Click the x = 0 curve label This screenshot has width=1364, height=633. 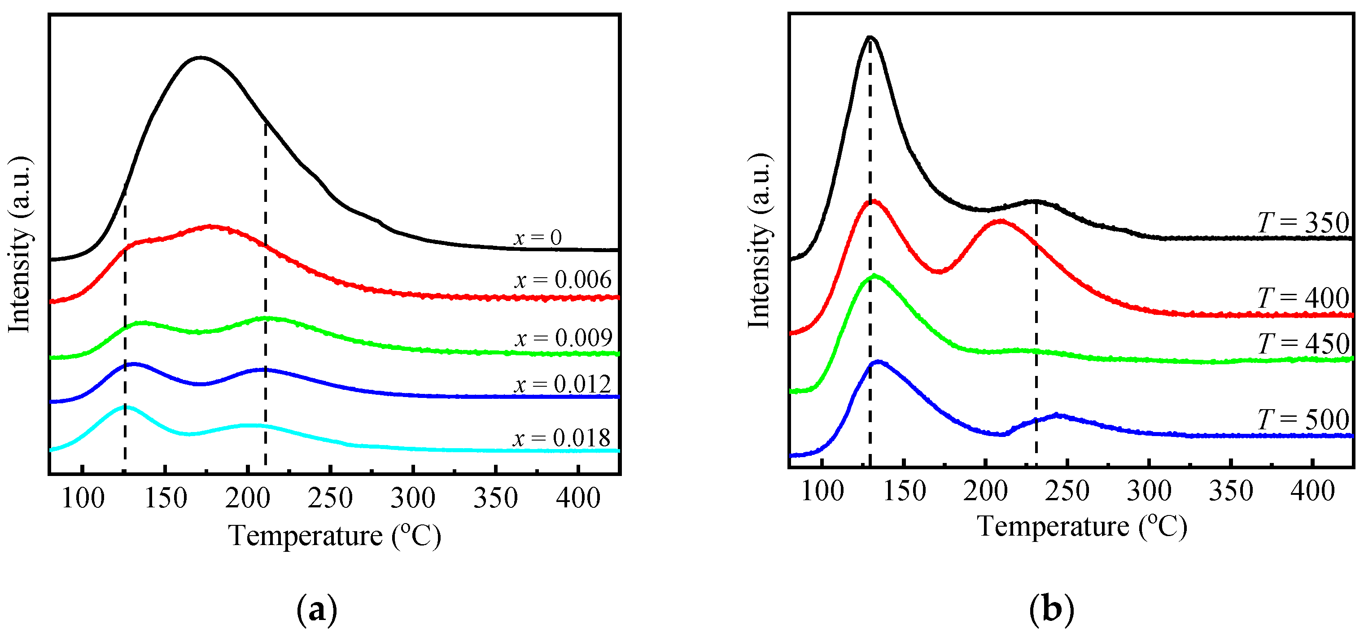538,238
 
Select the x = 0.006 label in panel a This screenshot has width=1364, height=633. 562,279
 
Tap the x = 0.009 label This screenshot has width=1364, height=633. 564,338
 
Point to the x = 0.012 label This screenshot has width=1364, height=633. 562,384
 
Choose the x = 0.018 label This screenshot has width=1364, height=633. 561,438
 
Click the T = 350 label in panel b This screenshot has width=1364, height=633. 1303,223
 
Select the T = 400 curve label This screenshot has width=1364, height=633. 1303,298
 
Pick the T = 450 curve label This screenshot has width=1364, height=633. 1303,344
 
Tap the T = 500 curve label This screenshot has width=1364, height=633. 1303,420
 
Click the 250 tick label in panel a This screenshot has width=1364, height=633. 330,498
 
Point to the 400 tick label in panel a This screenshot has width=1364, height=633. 578,498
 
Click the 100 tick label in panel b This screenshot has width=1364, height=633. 822,492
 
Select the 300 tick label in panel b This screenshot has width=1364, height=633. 1149,492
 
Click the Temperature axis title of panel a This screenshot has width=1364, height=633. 335,536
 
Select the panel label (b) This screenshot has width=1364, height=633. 1052,610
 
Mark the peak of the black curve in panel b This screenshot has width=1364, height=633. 870,38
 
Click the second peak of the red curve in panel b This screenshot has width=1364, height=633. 999,221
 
